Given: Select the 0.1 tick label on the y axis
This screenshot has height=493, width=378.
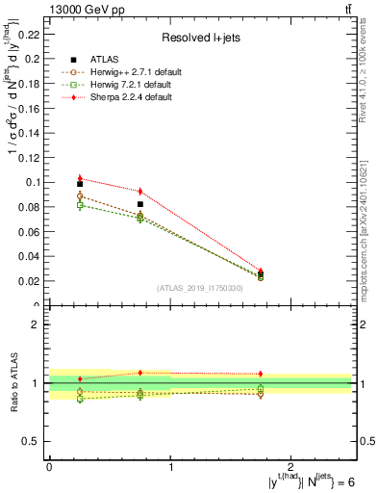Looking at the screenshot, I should click(x=34, y=182).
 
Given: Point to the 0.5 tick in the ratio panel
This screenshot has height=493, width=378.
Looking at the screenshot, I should click(x=34, y=441).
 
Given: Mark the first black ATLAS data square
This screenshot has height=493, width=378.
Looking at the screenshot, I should click(x=80, y=183).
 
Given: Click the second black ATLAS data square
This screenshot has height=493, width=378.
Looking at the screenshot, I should click(x=140, y=204).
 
